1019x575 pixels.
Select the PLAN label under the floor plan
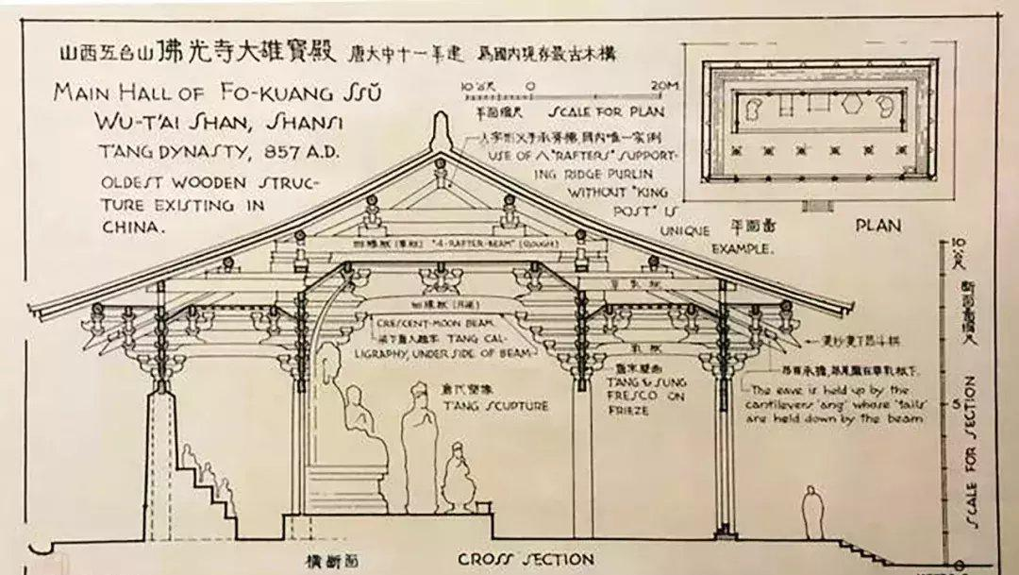pyautogui.click(x=877, y=225)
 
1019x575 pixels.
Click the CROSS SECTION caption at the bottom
pyautogui.click(x=526, y=558)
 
